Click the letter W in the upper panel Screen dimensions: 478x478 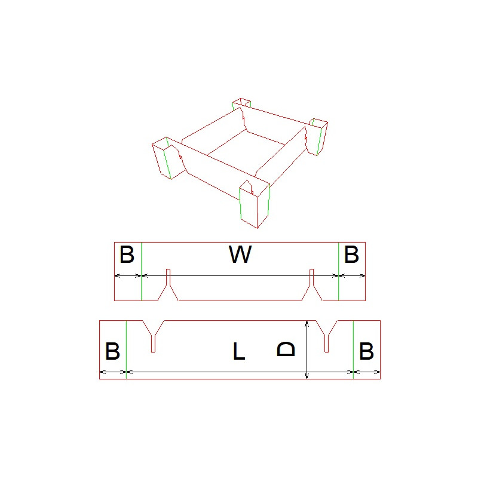coord(240,255)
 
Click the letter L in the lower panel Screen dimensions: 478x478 coord(238,351)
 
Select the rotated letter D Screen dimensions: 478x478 coord(286,349)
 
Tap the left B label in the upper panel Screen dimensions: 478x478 coord(127,255)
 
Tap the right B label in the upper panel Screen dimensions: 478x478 coord(351,255)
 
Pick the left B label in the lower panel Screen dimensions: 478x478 coord(112,351)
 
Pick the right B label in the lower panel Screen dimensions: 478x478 coord(366,351)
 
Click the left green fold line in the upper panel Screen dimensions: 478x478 coord(142,271)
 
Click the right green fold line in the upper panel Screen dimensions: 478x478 coord(339,271)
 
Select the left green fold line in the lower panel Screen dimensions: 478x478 coord(126,350)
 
